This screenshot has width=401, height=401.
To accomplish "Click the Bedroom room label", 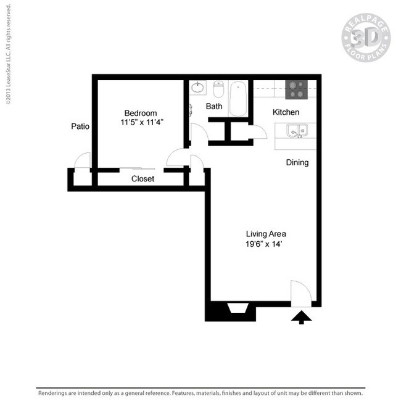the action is (141, 113).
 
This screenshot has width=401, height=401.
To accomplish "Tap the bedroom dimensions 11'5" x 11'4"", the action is (142, 122).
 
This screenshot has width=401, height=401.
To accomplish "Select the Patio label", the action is (80, 126).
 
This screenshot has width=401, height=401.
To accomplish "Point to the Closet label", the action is (143, 179).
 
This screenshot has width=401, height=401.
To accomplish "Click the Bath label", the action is (214, 106).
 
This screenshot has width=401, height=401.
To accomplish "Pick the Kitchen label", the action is (286, 112).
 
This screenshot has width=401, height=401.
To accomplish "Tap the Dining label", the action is (297, 162).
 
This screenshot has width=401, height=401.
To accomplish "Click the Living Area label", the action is (266, 234).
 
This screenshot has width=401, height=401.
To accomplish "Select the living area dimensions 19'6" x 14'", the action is (263, 244).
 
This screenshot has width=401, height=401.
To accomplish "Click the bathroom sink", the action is (197, 88).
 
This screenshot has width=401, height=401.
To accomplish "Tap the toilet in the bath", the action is (218, 89).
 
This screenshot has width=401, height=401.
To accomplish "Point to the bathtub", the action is (238, 99).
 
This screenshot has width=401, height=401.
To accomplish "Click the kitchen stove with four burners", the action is (296, 89).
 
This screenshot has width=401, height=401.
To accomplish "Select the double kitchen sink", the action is (297, 131).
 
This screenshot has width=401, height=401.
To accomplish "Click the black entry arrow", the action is (302, 317).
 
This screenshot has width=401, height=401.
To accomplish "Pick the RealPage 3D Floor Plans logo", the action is (366, 38).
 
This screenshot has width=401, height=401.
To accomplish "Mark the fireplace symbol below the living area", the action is (238, 308).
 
